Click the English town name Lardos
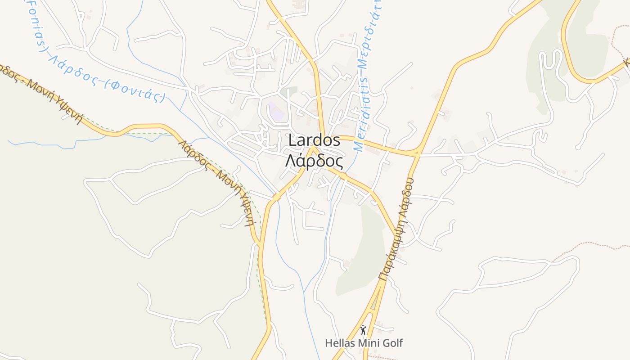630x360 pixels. [314, 140]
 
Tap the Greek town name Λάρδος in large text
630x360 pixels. [314, 161]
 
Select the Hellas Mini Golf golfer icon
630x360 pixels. [363, 330]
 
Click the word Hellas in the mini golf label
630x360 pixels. [340, 343]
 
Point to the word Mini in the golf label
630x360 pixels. [369, 343]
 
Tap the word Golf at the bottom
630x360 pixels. [392, 343]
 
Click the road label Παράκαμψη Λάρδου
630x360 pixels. [397, 229]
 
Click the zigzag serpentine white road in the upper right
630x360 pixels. [551, 67]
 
